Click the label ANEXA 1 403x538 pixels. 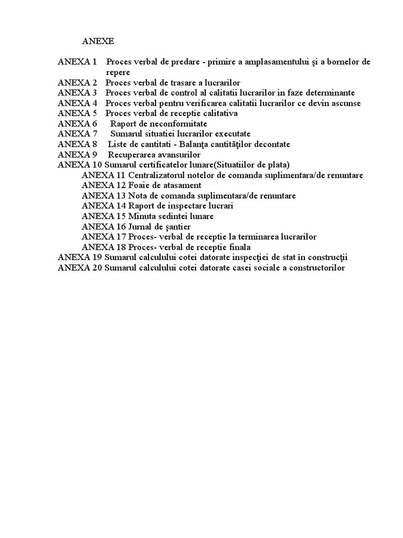pos(77,62)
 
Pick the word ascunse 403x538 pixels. pos(344,103)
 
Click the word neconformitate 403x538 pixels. pos(171,123)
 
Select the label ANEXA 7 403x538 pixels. pos(77,134)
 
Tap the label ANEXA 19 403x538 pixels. pos(80,257)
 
